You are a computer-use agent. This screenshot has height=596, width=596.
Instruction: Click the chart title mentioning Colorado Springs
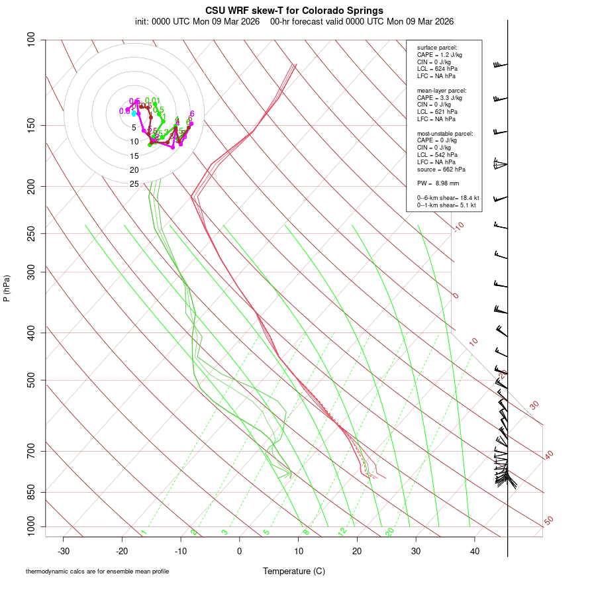[294, 11]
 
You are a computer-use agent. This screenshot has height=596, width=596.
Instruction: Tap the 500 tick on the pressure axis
[31, 380]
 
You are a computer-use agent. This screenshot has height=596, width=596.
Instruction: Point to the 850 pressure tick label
[31, 492]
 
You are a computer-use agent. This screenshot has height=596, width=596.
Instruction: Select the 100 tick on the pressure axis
[31, 40]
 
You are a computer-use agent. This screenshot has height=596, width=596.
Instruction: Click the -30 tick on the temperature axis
[64, 550]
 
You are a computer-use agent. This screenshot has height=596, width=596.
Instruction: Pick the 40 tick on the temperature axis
[475, 550]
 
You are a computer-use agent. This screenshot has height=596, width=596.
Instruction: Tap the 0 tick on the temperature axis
[240, 550]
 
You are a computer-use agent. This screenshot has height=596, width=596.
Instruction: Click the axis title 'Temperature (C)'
[294, 571]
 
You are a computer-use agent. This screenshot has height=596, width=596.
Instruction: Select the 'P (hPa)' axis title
[7, 288]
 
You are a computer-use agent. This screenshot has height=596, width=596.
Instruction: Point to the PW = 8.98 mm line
[438, 183]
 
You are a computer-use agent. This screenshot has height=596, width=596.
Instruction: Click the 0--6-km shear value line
[448, 197]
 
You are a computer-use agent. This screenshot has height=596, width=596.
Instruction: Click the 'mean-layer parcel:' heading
[442, 90]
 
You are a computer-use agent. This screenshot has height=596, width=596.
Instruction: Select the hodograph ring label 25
[134, 184]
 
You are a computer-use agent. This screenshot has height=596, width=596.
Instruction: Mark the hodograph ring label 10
[134, 142]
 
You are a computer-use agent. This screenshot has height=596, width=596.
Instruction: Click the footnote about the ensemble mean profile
[97, 571]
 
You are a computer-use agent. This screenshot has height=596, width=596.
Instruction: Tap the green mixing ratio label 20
[390, 532]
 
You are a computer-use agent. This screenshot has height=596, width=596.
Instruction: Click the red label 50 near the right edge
[548, 521]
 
